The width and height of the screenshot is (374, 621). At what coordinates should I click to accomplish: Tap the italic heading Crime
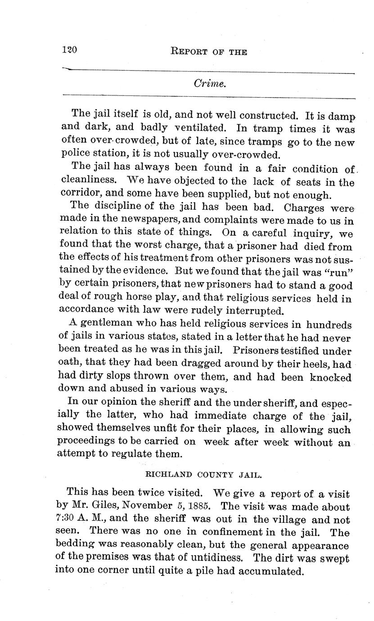point(209,84)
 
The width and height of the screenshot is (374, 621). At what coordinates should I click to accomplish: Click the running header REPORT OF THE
point(209,52)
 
